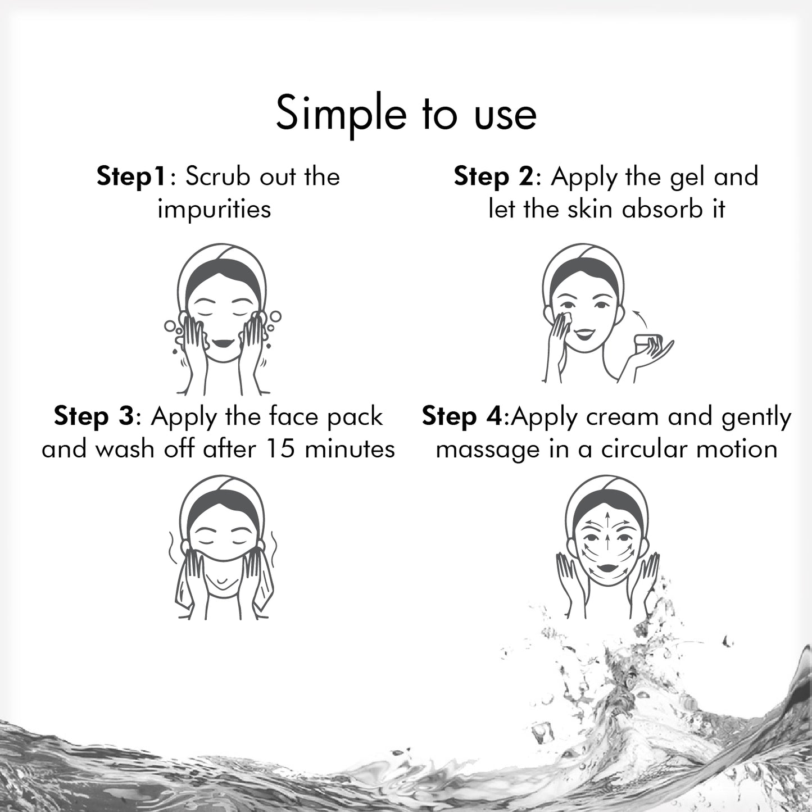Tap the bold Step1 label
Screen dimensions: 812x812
[131, 176]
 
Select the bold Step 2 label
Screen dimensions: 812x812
[493, 176]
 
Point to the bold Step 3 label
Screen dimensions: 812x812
[94, 417]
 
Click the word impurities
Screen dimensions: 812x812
[214, 209]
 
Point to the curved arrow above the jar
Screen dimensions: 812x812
[640, 317]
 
